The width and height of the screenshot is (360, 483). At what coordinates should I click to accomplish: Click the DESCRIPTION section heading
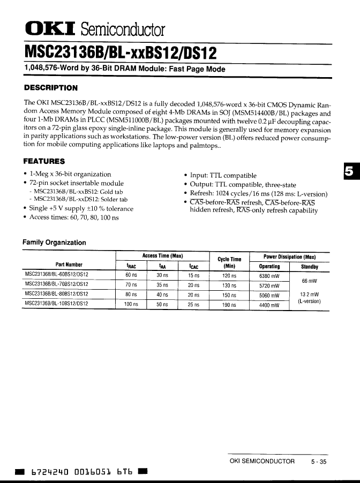(x=51, y=88)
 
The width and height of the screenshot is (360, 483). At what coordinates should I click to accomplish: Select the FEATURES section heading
(x=44, y=161)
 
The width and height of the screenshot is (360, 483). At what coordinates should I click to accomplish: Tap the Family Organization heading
(x=54, y=243)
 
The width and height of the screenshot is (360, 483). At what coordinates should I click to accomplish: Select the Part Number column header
(x=69, y=265)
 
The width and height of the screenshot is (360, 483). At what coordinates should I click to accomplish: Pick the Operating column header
(x=269, y=267)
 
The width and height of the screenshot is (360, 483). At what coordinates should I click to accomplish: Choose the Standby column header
(x=310, y=267)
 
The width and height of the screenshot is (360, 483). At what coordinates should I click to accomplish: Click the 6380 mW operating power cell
(x=269, y=276)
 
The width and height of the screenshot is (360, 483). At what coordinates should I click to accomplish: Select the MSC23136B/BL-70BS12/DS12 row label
(x=57, y=285)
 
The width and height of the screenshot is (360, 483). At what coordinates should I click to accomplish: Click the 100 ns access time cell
(x=131, y=305)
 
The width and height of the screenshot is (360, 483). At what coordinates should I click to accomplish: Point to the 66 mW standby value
(x=310, y=281)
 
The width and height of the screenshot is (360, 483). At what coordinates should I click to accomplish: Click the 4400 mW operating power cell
(x=269, y=305)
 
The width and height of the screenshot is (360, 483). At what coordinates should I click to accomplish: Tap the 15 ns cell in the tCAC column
(x=193, y=276)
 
